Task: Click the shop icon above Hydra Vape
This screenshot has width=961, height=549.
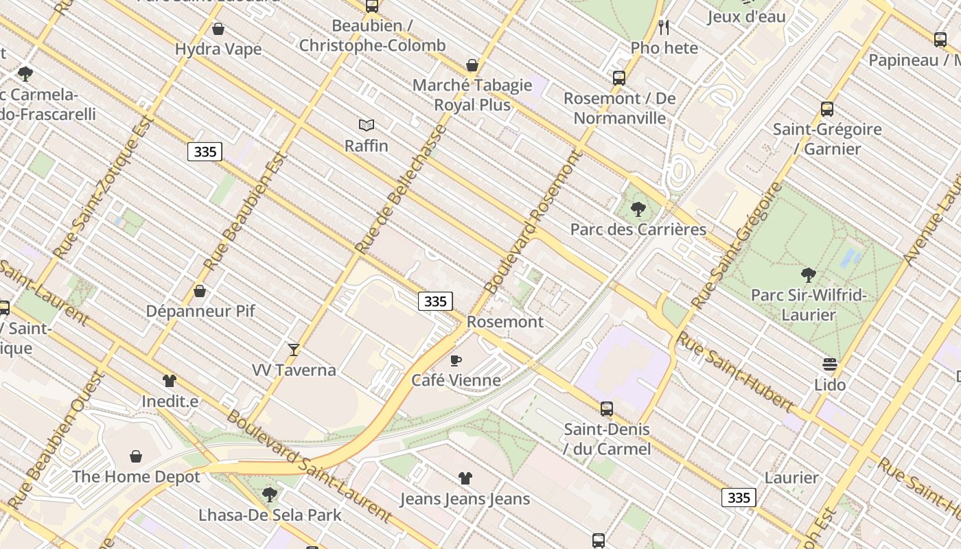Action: point(218,29)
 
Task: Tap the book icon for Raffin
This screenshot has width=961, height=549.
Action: point(367,126)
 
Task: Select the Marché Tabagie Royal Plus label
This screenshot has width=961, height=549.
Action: point(472,95)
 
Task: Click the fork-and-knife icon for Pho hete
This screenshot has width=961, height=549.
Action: point(664,27)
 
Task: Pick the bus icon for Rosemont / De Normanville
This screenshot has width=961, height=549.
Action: point(619,78)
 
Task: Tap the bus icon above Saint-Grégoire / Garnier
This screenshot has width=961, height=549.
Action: point(827,109)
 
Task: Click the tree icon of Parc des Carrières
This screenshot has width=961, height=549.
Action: point(638,209)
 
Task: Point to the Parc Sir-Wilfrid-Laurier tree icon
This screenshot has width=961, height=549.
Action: point(809,275)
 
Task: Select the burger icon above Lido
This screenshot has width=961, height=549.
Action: point(830,364)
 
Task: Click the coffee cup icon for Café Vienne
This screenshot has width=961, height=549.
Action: point(456,360)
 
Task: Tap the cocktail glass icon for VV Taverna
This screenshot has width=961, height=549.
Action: point(294,350)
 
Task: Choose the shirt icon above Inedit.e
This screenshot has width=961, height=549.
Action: point(170,381)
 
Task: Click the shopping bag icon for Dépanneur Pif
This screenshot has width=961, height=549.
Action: point(200,291)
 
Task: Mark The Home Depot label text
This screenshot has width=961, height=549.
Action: point(136,476)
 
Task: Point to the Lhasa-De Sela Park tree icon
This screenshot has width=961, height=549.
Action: point(270,494)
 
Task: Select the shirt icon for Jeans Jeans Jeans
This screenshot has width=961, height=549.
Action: point(465,478)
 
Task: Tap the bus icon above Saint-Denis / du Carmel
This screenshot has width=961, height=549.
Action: point(607,409)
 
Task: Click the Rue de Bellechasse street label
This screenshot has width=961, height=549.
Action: point(401,189)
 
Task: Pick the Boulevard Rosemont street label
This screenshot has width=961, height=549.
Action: point(533,222)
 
